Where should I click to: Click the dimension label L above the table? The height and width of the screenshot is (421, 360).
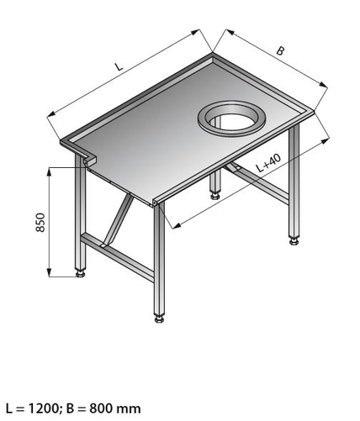point(119,66)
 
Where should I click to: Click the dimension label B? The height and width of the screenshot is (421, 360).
point(280,51)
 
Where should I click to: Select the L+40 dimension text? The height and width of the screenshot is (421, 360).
point(268,163)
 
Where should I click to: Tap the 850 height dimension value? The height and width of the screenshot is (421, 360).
point(41,223)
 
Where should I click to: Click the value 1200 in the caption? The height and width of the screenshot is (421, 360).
point(43,408)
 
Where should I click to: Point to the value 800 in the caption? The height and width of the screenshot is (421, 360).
point(100,408)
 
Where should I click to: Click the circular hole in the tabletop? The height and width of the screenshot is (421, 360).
point(231,118)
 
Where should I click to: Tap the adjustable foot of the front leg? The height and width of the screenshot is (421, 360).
point(159,319)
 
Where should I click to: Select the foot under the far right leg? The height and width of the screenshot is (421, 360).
point(294,241)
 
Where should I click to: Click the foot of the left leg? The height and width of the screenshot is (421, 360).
point(81,273)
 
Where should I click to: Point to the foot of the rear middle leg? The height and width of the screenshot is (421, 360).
point(215,196)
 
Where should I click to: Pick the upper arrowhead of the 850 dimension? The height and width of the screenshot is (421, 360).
point(49,171)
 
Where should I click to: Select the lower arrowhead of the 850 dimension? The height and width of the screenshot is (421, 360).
point(49,272)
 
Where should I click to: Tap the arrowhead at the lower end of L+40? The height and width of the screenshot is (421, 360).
point(176,226)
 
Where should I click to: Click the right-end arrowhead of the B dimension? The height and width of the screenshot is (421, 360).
point(323,85)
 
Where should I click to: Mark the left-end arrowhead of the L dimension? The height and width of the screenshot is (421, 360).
point(51,113)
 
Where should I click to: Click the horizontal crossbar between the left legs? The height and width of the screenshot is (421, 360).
point(117,257)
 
